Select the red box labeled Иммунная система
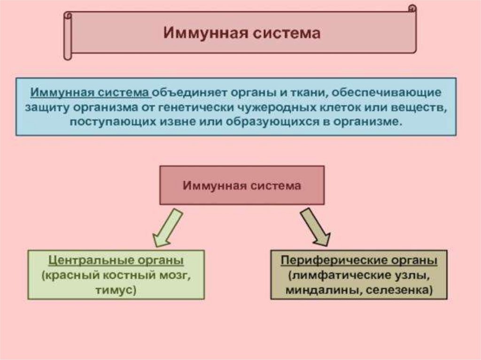241,185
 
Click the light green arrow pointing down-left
167,227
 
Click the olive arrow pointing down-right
316,227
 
